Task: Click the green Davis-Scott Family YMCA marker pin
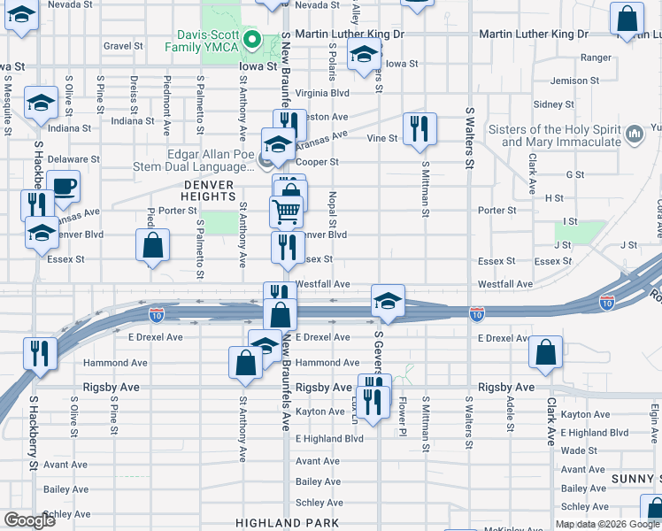click(x=252, y=39)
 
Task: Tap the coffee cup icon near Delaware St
click(x=64, y=187)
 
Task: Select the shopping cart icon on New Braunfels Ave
click(x=286, y=212)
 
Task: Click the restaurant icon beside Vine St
click(x=420, y=128)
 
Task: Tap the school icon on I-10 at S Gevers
click(x=388, y=301)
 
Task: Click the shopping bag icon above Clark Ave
click(x=546, y=353)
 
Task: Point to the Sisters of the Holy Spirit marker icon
click(x=633, y=135)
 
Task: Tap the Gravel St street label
click(x=123, y=46)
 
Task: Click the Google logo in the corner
click(x=30, y=520)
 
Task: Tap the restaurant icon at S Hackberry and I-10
click(x=41, y=353)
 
